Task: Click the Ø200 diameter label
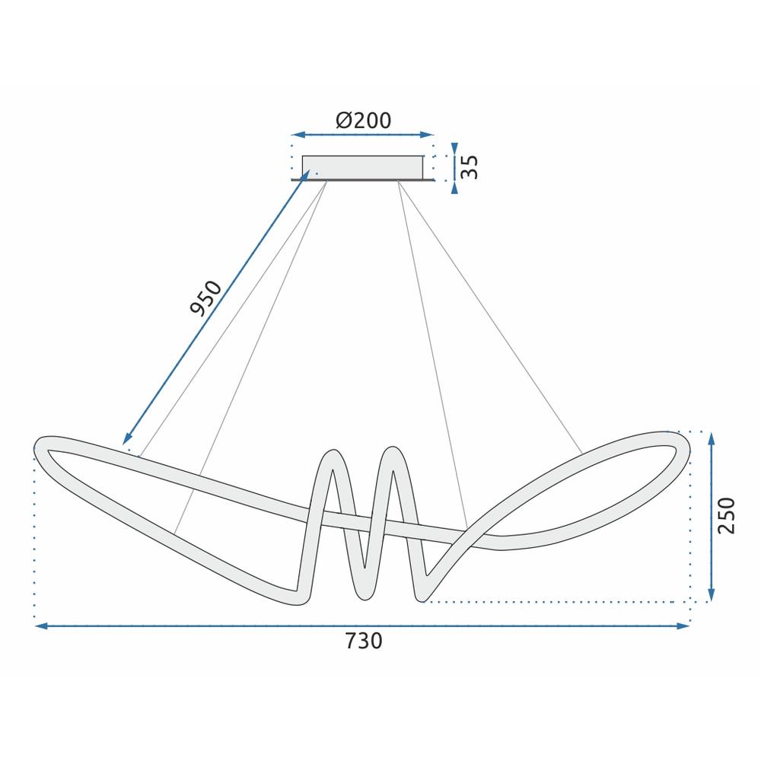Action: pyautogui.click(x=363, y=119)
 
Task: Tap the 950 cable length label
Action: pyautogui.click(x=205, y=298)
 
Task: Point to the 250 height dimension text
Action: pyautogui.click(x=728, y=515)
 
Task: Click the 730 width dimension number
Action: pyautogui.click(x=363, y=642)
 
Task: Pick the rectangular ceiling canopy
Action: pyautogui.click(x=363, y=167)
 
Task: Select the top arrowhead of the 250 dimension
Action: pyautogui.click(x=711, y=438)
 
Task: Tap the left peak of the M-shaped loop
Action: pyautogui.click(x=332, y=454)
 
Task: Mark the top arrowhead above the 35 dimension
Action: pyautogui.click(x=454, y=147)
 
